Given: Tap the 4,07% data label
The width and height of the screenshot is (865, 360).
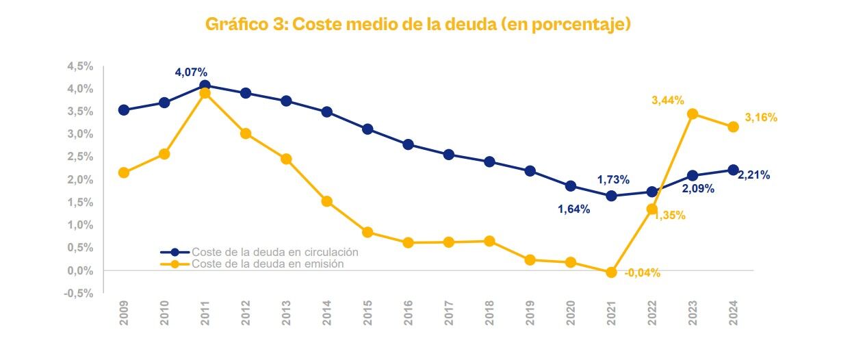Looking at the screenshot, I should click(191, 73).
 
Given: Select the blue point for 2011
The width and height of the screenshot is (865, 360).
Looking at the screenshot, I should click(205, 86).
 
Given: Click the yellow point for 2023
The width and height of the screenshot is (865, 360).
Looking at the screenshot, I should click(693, 114).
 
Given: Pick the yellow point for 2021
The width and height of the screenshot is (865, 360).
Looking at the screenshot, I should click(611, 272).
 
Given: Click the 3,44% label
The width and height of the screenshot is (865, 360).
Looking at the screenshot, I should click(667, 101).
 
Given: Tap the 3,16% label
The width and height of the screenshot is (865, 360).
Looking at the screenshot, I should click(761, 118).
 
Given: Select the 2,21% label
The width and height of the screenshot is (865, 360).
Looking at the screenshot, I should click(753, 175).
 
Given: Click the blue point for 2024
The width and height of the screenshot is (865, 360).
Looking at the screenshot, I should click(733, 170).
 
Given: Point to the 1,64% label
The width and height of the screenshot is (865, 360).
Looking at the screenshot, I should click(573, 209).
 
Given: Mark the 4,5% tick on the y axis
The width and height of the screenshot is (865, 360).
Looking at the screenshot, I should click(79, 66).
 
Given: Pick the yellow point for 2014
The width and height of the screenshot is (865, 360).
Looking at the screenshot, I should click(326, 201).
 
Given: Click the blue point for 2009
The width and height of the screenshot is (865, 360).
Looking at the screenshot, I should click(124, 110).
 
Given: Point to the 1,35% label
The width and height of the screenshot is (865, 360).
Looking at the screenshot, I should click(670, 216).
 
